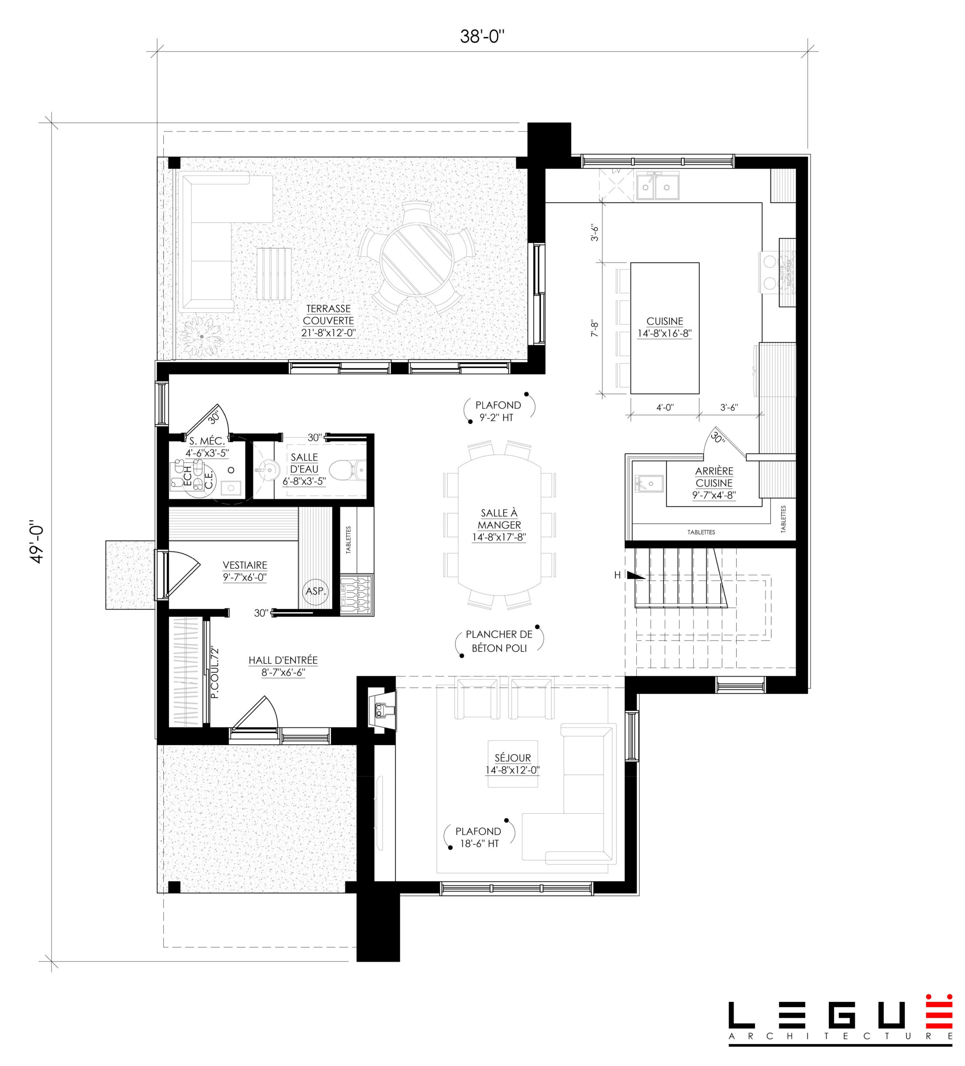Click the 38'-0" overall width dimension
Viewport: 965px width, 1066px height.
(482, 37)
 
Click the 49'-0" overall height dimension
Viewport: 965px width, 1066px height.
(37, 544)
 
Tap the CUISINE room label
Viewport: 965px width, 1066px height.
(664, 321)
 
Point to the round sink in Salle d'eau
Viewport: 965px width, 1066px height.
(269, 468)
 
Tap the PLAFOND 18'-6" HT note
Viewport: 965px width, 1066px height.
(478, 837)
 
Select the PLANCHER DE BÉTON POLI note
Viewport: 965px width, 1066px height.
(499, 641)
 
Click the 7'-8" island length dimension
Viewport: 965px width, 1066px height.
(594, 329)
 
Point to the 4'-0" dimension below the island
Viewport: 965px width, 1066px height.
(665, 408)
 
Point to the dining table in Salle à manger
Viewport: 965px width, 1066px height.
(499, 523)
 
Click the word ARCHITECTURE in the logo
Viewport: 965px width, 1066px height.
(839, 1036)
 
